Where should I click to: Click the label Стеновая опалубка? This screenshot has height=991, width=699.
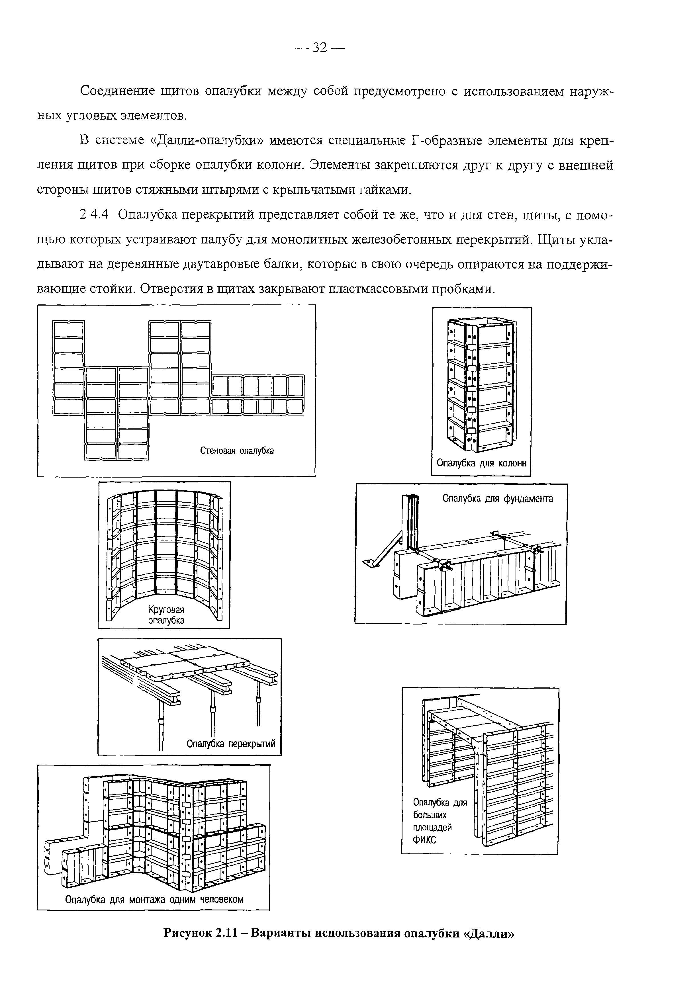pos(237,451)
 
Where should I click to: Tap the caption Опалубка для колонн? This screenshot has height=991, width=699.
pos(481,463)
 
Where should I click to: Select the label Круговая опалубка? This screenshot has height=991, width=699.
pos(166,615)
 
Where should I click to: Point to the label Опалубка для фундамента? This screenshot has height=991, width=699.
pos(497,499)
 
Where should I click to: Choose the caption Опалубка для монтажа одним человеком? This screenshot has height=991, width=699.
pos(154,899)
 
